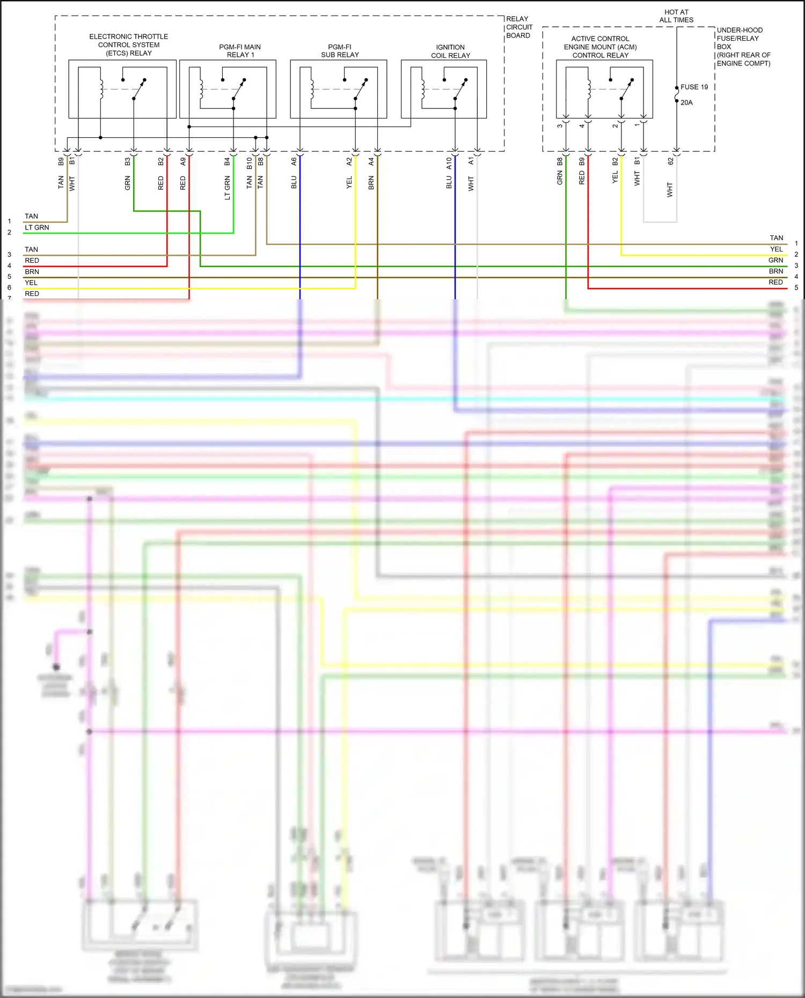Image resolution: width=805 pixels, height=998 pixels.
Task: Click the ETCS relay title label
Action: (129, 45)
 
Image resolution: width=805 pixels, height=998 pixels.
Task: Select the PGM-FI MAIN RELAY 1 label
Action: (240, 51)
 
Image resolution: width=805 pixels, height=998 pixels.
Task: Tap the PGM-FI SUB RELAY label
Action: (340, 51)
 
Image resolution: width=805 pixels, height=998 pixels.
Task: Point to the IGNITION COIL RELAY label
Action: (450, 51)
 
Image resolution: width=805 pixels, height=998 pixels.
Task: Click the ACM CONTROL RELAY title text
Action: (600, 47)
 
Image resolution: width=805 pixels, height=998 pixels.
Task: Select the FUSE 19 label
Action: (694, 87)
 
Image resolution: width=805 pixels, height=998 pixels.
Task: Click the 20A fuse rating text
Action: (686, 102)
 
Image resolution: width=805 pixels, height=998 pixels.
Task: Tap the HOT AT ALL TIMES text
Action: (676, 16)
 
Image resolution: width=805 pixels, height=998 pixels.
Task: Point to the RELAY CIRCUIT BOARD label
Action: (519, 27)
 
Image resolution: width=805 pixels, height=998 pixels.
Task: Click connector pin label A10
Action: (449, 163)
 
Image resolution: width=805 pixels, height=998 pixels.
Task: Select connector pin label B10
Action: (249, 163)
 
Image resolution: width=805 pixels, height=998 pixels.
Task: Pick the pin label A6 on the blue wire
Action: (294, 161)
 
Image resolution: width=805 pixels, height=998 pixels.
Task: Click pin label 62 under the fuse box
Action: (670, 161)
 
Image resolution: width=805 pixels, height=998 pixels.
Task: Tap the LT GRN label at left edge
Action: (36, 227)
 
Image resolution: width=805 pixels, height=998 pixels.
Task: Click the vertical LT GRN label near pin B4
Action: (227, 188)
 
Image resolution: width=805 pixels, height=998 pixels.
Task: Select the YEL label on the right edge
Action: (776, 249)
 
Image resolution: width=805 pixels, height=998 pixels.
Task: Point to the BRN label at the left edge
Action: (32, 271)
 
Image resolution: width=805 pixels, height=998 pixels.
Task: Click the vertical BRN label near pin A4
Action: (371, 182)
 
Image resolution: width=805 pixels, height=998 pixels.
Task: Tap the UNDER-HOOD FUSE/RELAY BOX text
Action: (743, 47)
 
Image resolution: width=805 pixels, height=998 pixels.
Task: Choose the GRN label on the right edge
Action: (775, 260)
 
